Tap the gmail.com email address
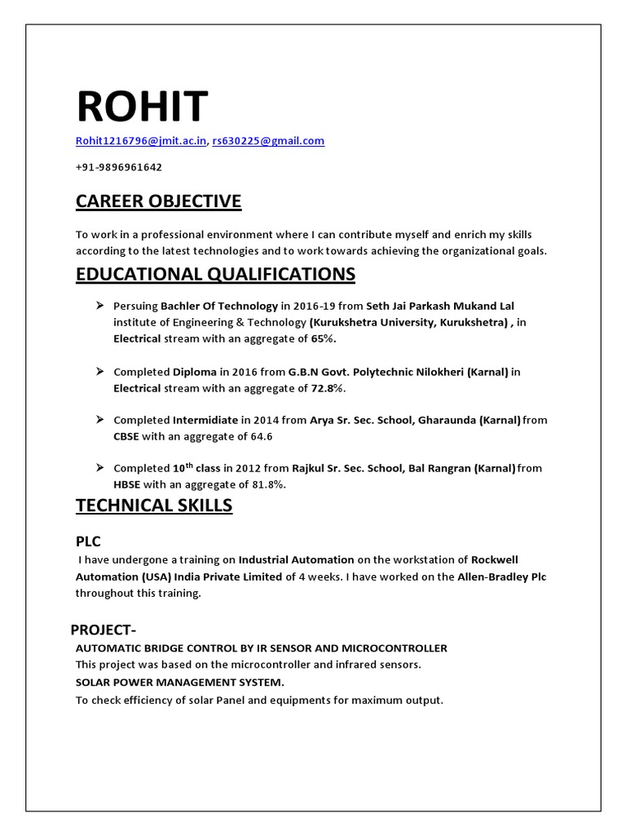(x=268, y=141)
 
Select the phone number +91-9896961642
(x=119, y=167)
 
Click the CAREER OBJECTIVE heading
(x=158, y=201)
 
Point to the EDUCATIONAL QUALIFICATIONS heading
(x=215, y=274)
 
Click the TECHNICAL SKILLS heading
(x=154, y=506)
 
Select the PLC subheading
(x=89, y=541)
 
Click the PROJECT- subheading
(x=103, y=630)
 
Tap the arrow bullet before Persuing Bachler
(x=99, y=305)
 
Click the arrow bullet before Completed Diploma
(x=99, y=371)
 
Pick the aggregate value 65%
(x=323, y=338)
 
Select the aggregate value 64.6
(x=258, y=436)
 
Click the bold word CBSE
(x=127, y=436)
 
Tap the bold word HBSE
(x=127, y=485)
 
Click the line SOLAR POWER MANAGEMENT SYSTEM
(x=180, y=682)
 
